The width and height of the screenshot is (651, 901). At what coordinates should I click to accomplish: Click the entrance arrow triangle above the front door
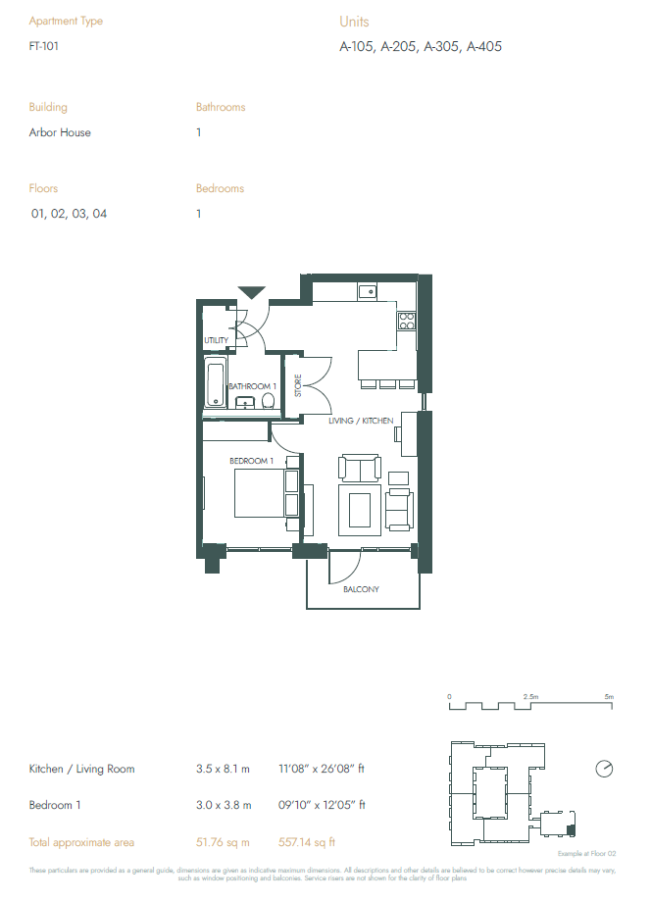pos(252,291)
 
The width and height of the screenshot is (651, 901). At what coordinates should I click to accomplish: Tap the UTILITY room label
pos(216,341)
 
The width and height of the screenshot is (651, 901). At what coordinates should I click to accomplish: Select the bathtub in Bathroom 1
pos(215,382)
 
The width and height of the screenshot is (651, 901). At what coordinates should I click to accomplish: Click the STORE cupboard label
pos(298,385)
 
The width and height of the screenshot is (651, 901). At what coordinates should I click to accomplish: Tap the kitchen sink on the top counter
pos(367,290)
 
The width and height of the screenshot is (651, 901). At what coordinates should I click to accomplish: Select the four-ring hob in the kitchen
pos(406,320)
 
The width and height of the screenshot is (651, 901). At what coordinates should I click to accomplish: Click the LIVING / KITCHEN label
pos(361,421)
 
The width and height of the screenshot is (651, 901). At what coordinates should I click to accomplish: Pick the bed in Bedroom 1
pos(265,493)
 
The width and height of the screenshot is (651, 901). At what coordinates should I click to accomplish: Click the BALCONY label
pos(361,589)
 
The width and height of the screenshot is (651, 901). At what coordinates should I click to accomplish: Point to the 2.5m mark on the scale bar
pos(530,696)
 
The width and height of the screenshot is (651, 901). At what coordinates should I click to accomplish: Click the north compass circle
pos(603,769)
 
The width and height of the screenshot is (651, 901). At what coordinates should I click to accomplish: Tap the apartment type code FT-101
pos(44,46)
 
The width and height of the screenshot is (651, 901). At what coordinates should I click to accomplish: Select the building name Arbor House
pos(60,132)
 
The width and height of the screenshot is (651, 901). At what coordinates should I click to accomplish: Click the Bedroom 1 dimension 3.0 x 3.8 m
pos(224,806)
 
